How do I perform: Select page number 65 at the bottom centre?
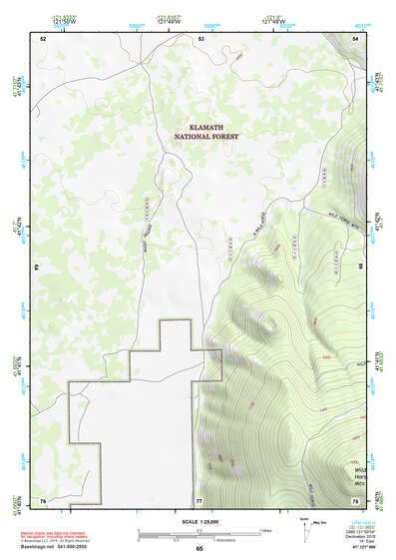click(x=199, y=549)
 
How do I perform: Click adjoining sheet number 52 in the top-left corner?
click(x=43, y=38)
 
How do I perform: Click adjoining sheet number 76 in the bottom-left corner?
click(x=43, y=499)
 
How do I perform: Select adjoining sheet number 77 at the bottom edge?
click(x=199, y=499)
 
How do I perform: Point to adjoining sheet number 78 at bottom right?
click(x=356, y=499)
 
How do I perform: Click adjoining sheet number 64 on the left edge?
click(x=37, y=268)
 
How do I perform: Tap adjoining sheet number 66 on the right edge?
click(x=361, y=268)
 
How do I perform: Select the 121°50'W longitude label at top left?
click(x=62, y=19)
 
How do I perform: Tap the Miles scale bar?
click(x=199, y=532)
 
